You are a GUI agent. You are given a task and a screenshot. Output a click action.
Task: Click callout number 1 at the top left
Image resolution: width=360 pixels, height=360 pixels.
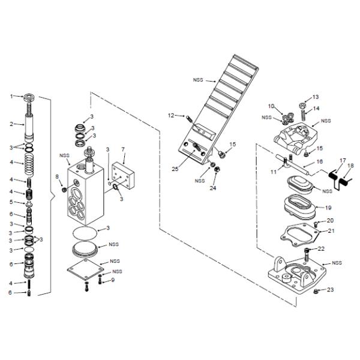pos(11,97)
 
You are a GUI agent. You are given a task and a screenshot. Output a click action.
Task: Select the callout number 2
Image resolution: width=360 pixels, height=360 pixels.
pos(11,124)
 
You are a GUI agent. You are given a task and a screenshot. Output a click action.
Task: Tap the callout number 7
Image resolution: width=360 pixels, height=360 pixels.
pos(123,149)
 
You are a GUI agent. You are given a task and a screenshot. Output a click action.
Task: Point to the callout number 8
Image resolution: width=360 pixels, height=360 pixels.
pos(57,176)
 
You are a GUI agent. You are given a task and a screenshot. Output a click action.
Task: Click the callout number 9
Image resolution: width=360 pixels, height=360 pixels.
pos(113,280)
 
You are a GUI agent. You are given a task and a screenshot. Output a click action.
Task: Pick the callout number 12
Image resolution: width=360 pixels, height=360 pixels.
pos(171,115)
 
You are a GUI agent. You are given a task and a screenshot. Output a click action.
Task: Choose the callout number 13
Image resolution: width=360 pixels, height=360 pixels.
pos(316,97)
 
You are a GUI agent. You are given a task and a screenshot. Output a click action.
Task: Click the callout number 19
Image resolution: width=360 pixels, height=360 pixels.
pos(329,208)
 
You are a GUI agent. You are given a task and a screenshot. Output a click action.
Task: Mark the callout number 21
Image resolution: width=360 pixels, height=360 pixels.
pos(331,231)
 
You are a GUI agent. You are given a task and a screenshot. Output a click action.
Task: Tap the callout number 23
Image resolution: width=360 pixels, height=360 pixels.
pos(330,290)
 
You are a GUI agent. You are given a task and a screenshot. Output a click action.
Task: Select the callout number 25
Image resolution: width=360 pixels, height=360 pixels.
pos(175,169)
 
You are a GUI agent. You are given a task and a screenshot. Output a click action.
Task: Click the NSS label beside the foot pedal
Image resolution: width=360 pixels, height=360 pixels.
pos(198,80)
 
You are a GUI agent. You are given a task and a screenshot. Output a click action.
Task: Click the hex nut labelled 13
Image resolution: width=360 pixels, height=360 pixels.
pos(302,106)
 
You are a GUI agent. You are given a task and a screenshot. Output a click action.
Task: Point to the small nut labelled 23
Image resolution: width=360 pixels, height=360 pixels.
pos(316,292)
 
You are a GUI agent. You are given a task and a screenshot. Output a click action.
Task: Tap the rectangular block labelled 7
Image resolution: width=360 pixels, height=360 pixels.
pos(123,176)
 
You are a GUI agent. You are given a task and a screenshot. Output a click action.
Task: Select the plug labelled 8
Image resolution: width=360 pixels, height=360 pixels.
pos(65,190)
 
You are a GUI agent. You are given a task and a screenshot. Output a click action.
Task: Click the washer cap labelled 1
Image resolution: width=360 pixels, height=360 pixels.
pos(30,97)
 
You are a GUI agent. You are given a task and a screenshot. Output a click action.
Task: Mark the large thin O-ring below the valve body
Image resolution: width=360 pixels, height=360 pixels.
pos(85,233)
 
